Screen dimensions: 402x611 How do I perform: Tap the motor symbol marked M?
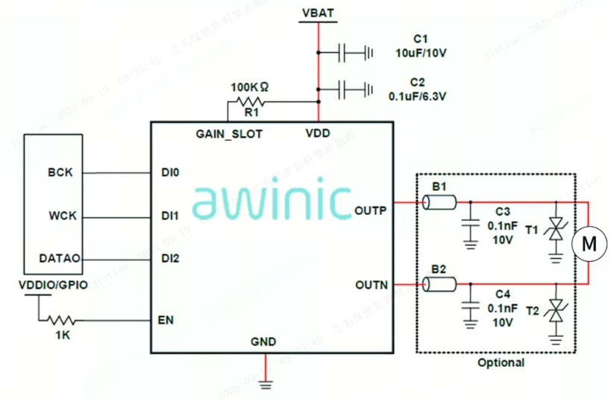pyautogui.click(x=589, y=243)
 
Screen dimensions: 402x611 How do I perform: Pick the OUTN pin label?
pyautogui.click(x=371, y=284)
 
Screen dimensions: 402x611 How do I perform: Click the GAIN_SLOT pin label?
pyautogui.click(x=229, y=134)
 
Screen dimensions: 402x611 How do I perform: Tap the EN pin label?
pyautogui.click(x=166, y=321)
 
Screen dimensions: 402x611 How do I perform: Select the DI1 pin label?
pyautogui.click(x=169, y=216)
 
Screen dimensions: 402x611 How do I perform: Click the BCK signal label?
pyautogui.click(x=60, y=172)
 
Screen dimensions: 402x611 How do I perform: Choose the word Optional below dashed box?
pyautogui.click(x=501, y=362)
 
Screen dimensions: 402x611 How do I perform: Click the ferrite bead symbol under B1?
pyautogui.click(x=439, y=202)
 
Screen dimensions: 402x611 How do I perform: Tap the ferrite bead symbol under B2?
pyautogui.click(x=439, y=284)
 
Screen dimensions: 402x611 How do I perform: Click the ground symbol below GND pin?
pyautogui.click(x=264, y=383)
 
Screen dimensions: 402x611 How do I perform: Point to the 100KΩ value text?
pyautogui.click(x=250, y=87)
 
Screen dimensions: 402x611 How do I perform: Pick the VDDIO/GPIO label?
pyautogui.click(x=53, y=284)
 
